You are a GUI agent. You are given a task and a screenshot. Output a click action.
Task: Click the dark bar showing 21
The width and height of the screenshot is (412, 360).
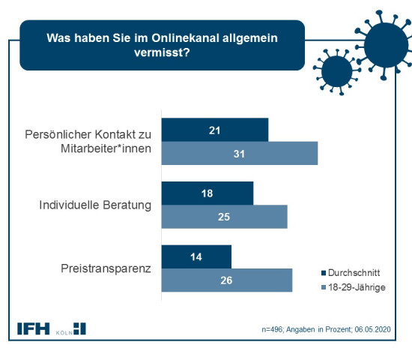(x=215, y=130)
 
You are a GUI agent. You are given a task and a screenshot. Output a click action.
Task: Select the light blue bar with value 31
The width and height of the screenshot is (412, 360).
(x=240, y=153)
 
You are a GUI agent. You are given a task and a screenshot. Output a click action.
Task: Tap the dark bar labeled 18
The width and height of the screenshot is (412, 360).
(x=207, y=193)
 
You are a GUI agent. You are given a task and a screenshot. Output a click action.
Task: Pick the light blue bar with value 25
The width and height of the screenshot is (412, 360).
(x=225, y=217)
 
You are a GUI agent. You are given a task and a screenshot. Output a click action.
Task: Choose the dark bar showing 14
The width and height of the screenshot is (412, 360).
(x=196, y=256)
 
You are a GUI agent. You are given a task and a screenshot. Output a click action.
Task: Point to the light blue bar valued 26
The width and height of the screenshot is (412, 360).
(x=227, y=280)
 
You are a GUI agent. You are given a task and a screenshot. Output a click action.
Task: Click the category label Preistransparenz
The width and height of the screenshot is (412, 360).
(x=106, y=269)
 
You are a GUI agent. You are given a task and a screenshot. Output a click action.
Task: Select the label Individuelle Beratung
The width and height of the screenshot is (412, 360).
(x=95, y=205)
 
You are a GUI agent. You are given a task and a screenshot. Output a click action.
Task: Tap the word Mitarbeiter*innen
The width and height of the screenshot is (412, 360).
(x=106, y=148)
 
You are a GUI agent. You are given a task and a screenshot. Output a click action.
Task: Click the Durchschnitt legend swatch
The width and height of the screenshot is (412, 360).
(x=324, y=273)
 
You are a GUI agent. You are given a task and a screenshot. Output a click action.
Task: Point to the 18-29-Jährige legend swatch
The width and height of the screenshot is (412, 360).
(x=324, y=287)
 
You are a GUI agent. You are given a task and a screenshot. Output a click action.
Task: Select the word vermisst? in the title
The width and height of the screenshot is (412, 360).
(x=162, y=52)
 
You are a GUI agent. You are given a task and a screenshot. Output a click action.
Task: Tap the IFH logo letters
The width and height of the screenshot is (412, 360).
(x=34, y=328)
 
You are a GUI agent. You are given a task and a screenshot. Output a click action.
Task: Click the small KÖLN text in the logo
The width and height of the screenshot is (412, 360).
(x=64, y=333)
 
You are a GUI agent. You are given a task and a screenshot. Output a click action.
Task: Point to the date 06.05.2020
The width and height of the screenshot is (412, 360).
(x=372, y=329)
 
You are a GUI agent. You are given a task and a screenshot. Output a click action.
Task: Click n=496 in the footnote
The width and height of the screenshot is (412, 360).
(x=272, y=329)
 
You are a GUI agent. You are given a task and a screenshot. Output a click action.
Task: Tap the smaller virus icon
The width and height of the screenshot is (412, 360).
(x=337, y=71)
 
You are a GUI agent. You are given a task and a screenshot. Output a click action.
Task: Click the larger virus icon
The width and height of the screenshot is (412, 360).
(x=386, y=45)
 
